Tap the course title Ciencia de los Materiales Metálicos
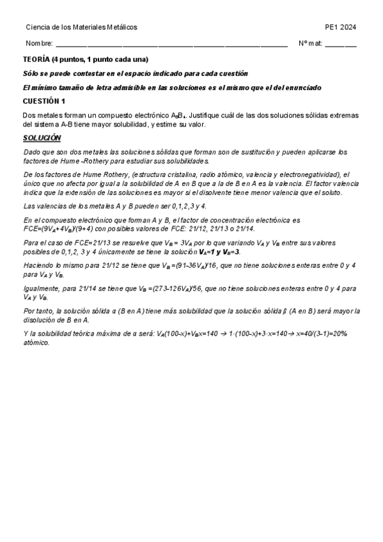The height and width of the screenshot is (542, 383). coord(81,27)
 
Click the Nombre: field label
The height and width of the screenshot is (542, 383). coord(39,44)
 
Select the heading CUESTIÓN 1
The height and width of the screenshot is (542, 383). coord(44,101)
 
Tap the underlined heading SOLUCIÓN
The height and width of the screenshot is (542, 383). coord(42,138)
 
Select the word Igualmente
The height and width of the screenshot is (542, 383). coord(40,289)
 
